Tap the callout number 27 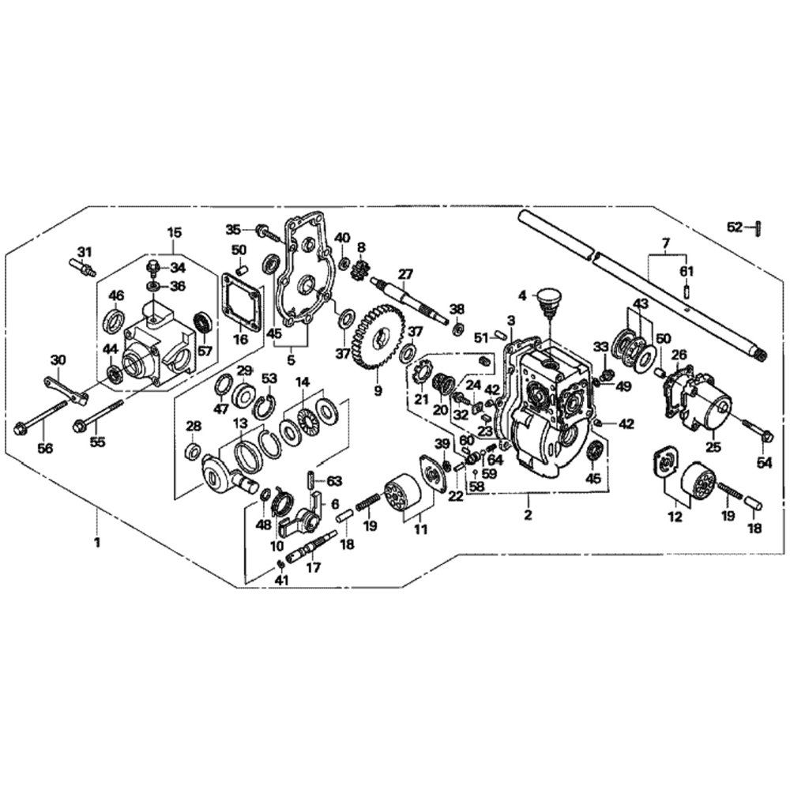405,275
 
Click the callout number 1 97,544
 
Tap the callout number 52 735,228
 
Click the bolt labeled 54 767,433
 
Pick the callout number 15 174,232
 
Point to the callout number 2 528,516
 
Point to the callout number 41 282,580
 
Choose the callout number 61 687,272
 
